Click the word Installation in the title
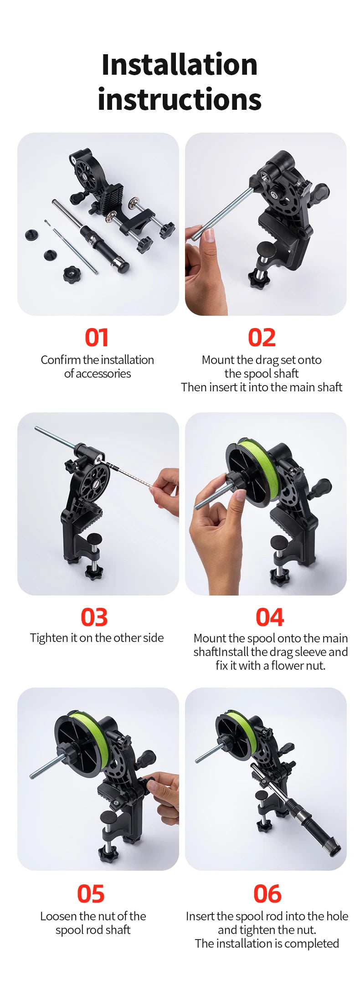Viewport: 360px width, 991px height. tap(180, 64)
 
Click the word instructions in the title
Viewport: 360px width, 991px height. tap(180, 99)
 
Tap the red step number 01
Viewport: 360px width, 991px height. tap(97, 338)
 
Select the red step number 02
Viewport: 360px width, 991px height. tap(262, 338)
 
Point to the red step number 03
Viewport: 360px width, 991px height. tap(94, 617)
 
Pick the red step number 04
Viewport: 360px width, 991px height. tap(270, 617)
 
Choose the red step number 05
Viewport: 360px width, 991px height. tap(91, 894)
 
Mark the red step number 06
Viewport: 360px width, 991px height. tap(267, 894)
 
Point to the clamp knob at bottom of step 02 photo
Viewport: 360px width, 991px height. tap(258, 278)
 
